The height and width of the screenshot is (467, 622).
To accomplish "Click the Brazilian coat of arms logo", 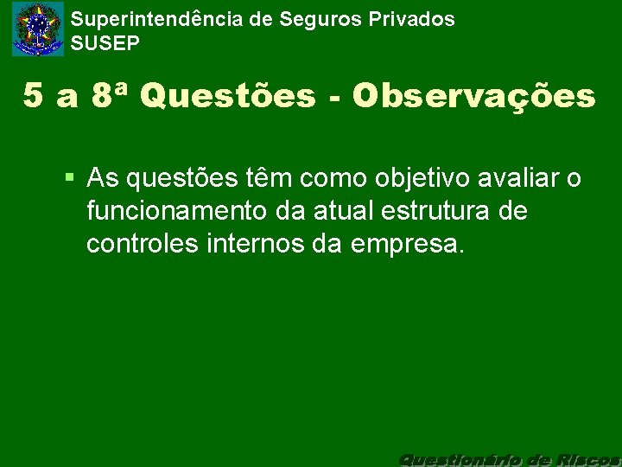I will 38,29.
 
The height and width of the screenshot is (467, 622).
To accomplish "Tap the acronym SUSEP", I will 105,42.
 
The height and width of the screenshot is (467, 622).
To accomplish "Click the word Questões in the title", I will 227,97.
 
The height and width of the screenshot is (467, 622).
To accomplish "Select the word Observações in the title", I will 473,97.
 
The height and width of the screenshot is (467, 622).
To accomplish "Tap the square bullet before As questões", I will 71,178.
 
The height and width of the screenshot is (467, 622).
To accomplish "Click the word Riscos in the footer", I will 589,457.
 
